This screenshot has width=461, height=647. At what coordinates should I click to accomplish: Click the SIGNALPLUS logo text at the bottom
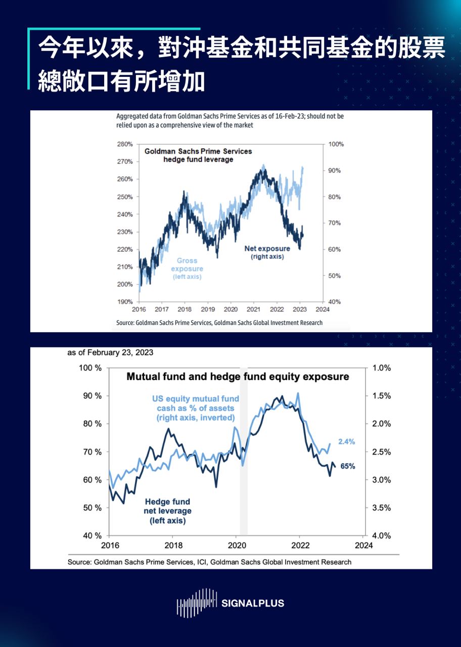tap(253, 603)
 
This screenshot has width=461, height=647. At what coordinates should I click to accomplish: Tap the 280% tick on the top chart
tap(124, 144)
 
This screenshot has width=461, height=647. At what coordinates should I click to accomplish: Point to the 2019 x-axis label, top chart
tap(208, 309)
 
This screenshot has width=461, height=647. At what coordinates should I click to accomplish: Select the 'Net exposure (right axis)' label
tap(267, 252)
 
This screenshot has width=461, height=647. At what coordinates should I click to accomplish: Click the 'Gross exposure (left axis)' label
tap(187, 268)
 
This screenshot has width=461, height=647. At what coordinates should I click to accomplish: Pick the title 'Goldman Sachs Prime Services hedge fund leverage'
tap(198, 155)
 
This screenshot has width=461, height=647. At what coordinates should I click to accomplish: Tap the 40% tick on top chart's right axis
tap(334, 302)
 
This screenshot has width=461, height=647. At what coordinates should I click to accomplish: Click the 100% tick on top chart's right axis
tap(336, 144)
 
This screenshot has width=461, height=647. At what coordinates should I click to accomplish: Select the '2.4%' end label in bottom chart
tap(346, 441)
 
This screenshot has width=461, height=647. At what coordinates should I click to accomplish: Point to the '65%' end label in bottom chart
tap(347, 467)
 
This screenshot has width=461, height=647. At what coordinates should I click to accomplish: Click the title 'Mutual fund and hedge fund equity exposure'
tap(238, 377)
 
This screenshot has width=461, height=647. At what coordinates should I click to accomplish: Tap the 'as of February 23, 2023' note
tap(110, 352)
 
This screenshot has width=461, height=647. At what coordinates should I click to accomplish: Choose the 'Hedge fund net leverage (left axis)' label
tap(167, 511)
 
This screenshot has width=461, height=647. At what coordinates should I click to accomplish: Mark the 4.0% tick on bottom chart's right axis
tap(381, 536)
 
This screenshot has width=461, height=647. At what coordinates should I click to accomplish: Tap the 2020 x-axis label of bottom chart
tap(237, 545)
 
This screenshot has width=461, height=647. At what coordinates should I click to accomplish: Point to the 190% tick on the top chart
tap(124, 302)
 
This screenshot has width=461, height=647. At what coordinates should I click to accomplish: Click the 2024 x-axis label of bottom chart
tap(363, 545)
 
